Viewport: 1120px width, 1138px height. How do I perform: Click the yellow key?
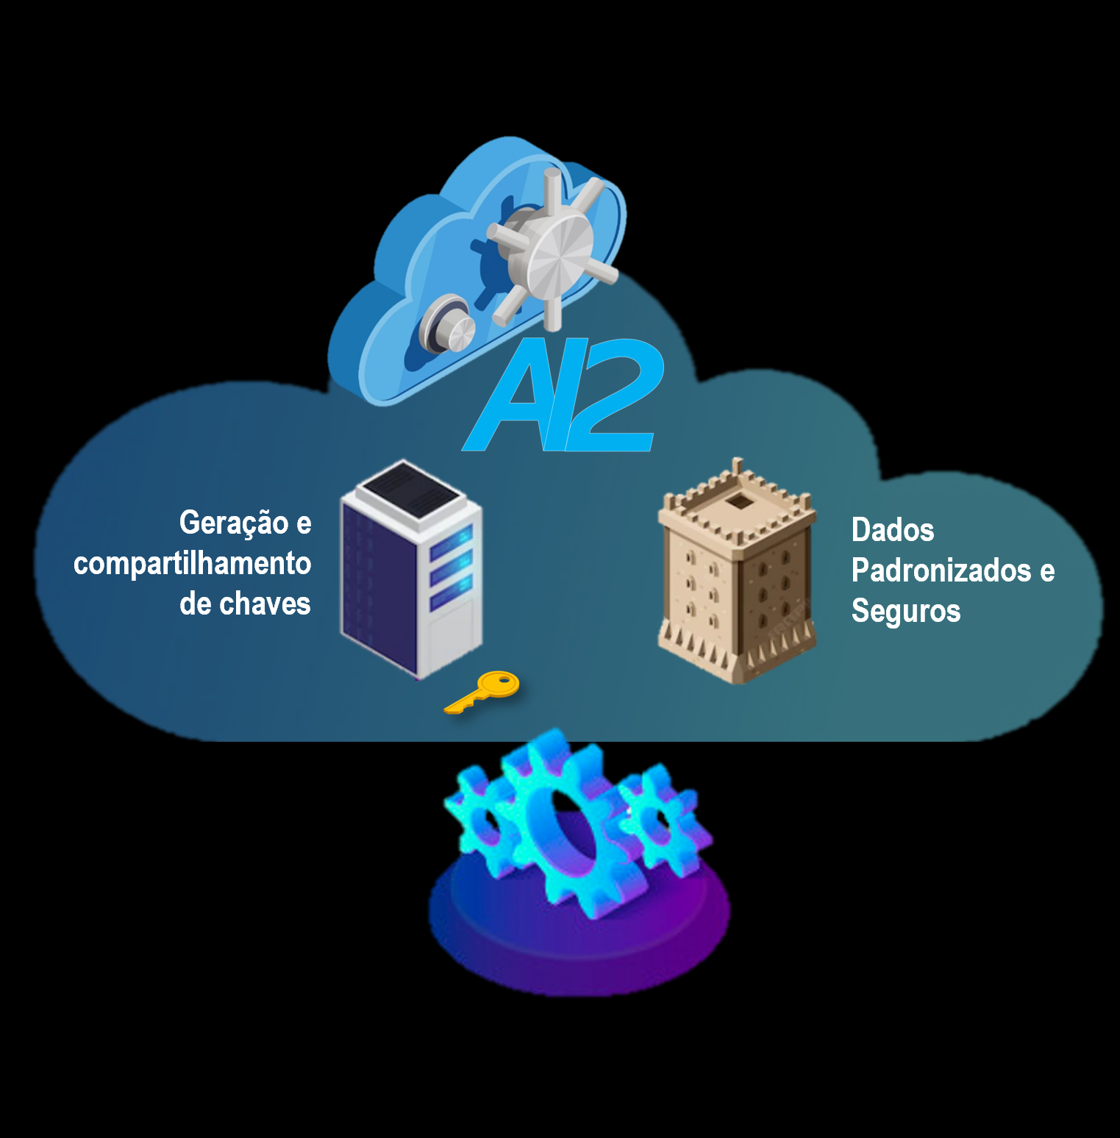point(482,692)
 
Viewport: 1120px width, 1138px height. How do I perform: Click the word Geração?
point(234,523)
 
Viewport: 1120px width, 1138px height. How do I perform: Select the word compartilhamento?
point(192,564)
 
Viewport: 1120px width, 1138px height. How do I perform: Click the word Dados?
point(893,530)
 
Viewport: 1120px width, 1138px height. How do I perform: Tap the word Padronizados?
point(941,570)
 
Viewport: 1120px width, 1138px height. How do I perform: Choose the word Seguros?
point(906,611)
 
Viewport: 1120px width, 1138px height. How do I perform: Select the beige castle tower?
point(737,573)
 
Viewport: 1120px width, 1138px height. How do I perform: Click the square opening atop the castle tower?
point(738,503)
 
